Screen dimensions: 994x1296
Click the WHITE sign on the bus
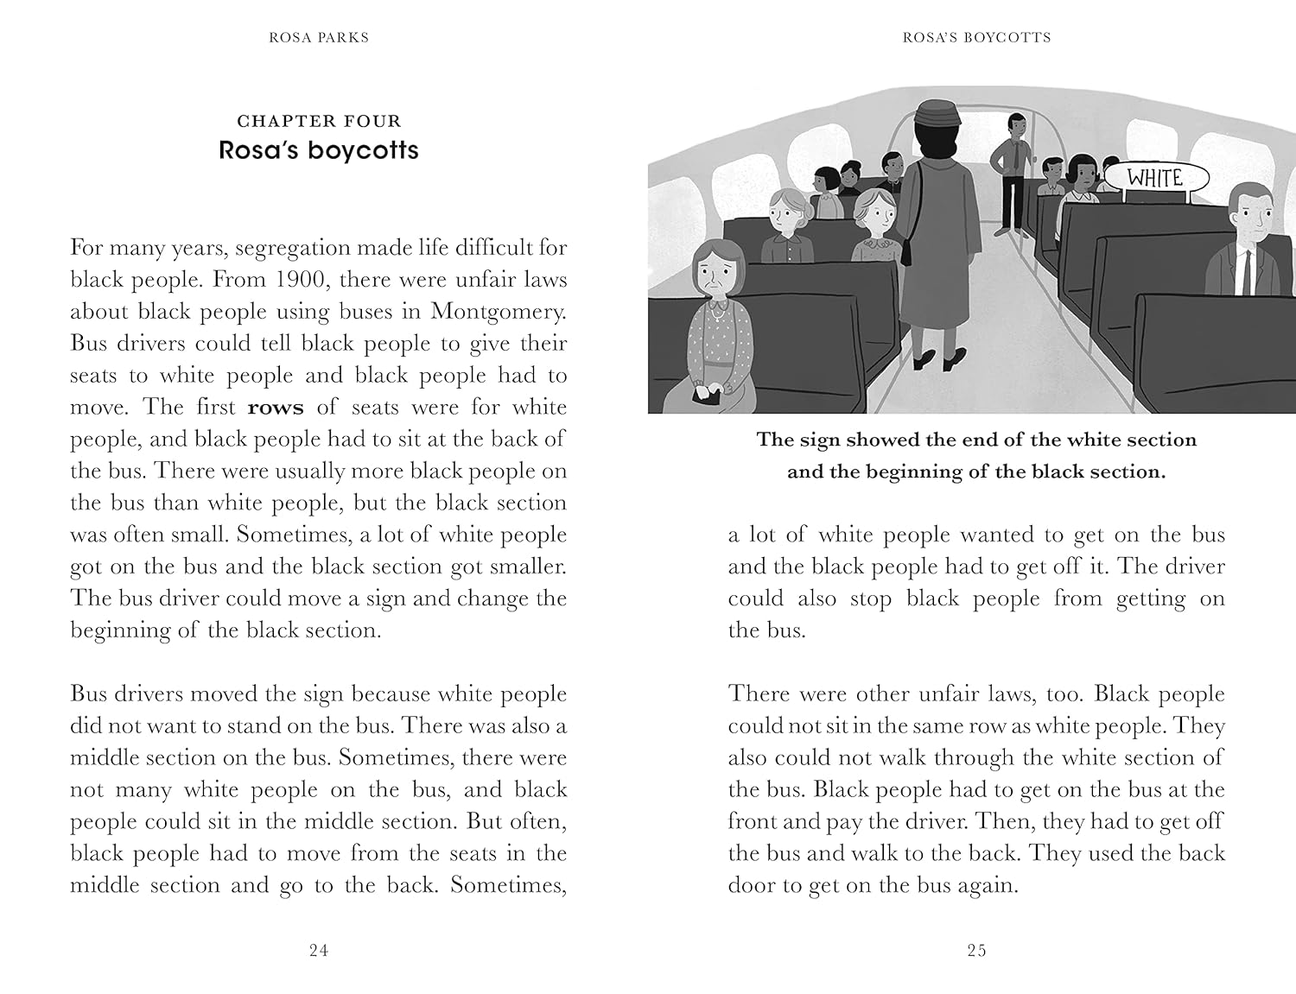1154,179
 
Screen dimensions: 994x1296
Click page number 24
319,951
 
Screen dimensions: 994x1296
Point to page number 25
976,951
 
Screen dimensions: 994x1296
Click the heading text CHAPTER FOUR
319,122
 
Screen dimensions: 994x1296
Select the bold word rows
276,408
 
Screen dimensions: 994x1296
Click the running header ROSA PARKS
319,37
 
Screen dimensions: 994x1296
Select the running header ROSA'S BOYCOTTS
976,37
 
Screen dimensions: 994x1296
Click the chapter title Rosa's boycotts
319,150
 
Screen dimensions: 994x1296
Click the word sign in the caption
820,440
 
